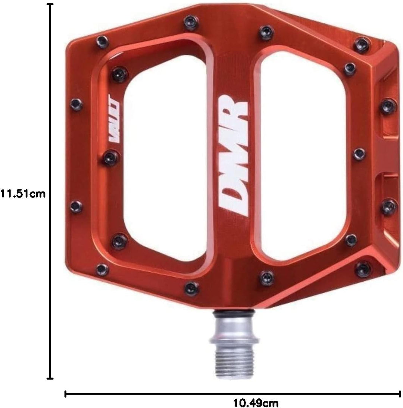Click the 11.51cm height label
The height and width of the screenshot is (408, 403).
click(x=23, y=194)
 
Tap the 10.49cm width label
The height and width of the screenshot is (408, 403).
click(x=256, y=403)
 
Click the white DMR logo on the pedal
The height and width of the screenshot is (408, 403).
click(x=232, y=155)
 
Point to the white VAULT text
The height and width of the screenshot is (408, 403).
click(x=114, y=118)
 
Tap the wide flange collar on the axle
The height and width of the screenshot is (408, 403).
click(x=234, y=339)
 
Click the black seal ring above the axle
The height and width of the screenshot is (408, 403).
click(x=234, y=313)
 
